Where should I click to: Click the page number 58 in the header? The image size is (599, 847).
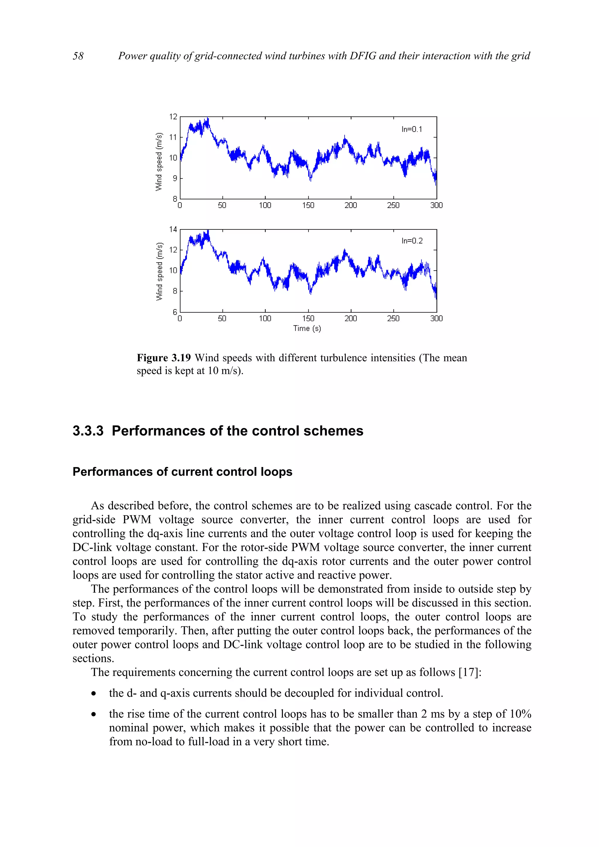point(78,56)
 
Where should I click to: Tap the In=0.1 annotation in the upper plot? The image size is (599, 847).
point(412,129)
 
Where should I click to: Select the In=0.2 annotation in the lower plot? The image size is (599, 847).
point(412,241)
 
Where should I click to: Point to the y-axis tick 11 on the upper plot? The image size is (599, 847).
point(173,137)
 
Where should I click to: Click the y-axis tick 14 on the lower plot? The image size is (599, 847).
point(173,229)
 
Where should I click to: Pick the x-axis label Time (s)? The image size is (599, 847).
point(307,328)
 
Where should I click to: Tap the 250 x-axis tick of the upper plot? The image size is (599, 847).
point(393,205)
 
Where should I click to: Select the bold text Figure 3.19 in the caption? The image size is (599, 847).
point(163,358)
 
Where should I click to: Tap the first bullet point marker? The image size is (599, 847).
point(94,694)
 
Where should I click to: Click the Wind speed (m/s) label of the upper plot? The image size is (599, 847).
point(159,161)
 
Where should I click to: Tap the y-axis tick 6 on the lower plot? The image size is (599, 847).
point(175,312)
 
